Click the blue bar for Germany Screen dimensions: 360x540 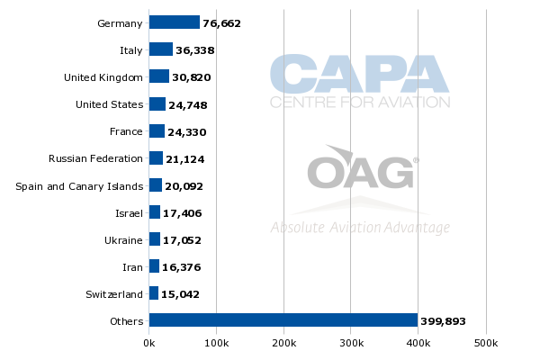[175, 22]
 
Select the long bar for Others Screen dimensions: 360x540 [283, 319]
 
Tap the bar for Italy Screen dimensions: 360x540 [161, 49]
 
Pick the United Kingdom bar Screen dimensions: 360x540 [159, 76]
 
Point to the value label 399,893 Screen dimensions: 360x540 [444, 321]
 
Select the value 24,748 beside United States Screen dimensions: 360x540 [192, 105]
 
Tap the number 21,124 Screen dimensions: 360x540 [188, 159]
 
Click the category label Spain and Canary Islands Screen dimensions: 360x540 [79, 186]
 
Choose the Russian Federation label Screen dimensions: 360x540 [95, 158]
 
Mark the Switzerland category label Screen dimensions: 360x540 [113, 293]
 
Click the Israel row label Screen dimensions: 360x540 [130, 212]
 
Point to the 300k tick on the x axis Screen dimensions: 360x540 [351, 343]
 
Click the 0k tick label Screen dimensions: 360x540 [149, 343]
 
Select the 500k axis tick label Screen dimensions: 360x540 [486, 343]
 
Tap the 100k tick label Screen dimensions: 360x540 [216, 343]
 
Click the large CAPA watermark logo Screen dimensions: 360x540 [360, 74]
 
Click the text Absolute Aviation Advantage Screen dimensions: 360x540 [360, 228]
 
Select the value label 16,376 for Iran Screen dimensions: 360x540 [184, 267]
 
